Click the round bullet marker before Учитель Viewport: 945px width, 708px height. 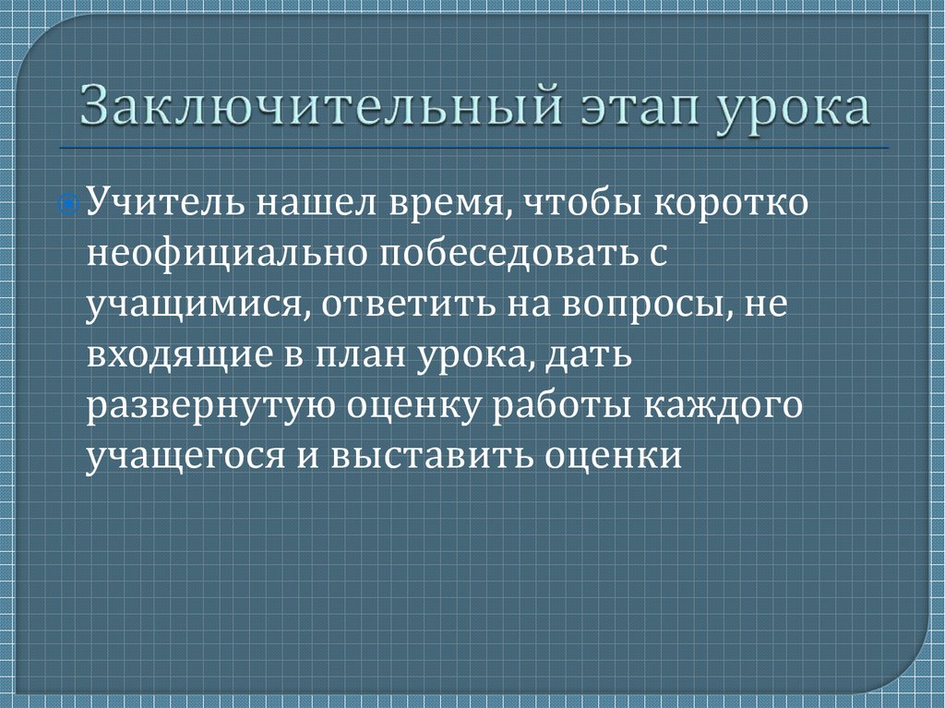pyautogui.click(x=77, y=201)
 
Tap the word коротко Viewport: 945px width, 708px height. pyautogui.click(x=733, y=201)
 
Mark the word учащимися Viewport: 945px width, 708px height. pyautogui.click(x=192, y=306)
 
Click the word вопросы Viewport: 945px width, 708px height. pyautogui.click(x=654, y=306)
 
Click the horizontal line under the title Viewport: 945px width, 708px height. pyautogui.click(x=472, y=148)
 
